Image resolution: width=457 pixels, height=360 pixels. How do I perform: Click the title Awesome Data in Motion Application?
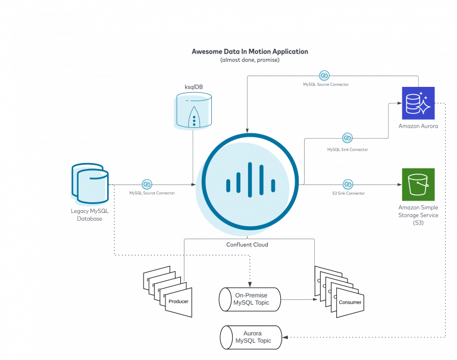tap(249, 52)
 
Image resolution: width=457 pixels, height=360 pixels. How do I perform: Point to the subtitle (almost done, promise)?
tap(249, 60)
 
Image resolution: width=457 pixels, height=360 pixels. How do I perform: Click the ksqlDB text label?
tap(192, 87)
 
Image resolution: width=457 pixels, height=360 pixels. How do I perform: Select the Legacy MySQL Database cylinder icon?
tap(90, 182)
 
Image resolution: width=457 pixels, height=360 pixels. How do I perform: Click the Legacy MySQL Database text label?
tap(89, 215)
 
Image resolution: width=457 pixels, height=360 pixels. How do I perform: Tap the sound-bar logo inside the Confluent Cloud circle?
tap(249, 179)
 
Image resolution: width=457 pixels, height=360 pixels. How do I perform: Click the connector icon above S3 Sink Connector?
tap(348, 184)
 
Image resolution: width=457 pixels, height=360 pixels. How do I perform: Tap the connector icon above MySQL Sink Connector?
tap(348, 139)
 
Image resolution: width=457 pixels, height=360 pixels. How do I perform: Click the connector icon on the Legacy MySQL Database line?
tap(146, 184)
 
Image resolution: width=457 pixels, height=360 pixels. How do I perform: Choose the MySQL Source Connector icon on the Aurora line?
tap(324, 76)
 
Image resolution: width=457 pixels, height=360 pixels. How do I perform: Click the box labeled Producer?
tap(179, 302)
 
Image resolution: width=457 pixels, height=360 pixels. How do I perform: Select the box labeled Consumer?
tap(349, 302)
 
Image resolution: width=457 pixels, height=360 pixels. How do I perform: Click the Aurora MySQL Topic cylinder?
tap(252, 337)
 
